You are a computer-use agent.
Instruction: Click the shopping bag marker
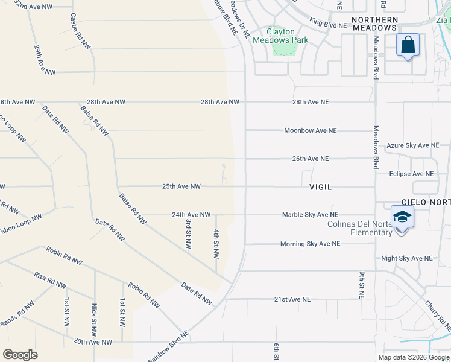click(x=408, y=45)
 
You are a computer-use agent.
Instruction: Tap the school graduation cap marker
click(x=402, y=217)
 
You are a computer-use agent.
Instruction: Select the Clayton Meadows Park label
click(x=281, y=36)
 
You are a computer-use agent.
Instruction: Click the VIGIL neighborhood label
click(x=320, y=187)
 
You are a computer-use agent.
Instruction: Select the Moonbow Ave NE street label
click(x=311, y=130)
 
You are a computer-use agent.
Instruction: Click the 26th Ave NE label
click(x=311, y=159)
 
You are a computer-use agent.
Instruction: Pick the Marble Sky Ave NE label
click(x=311, y=214)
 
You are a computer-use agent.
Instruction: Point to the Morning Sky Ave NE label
click(x=310, y=244)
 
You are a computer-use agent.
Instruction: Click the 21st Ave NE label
click(x=292, y=299)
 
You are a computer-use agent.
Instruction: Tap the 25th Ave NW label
click(x=181, y=186)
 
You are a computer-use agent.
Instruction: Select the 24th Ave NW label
click(x=191, y=214)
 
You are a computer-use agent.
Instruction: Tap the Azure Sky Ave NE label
click(x=413, y=145)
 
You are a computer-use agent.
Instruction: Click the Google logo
click(x=20, y=355)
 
